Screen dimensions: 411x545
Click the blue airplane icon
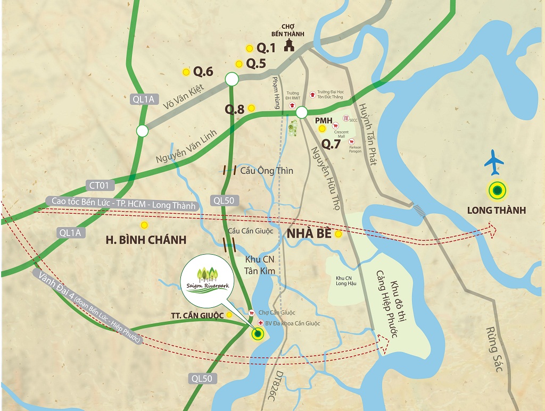pyautogui.click(x=494, y=163)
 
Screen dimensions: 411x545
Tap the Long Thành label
pyautogui.click(x=496, y=211)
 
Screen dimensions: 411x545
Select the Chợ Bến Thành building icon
pyautogui.click(x=290, y=45)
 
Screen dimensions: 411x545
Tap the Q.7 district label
pyautogui.click(x=331, y=143)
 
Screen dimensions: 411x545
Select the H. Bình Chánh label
pyautogui.click(x=146, y=240)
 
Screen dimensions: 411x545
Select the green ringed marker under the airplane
pyautogui.click(x=497, y=190)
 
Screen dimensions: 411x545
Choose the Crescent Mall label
pyautogui.click(x=341, y=134)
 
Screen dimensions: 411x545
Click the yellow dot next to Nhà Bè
pyautogui.click(x=338, y=233)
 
